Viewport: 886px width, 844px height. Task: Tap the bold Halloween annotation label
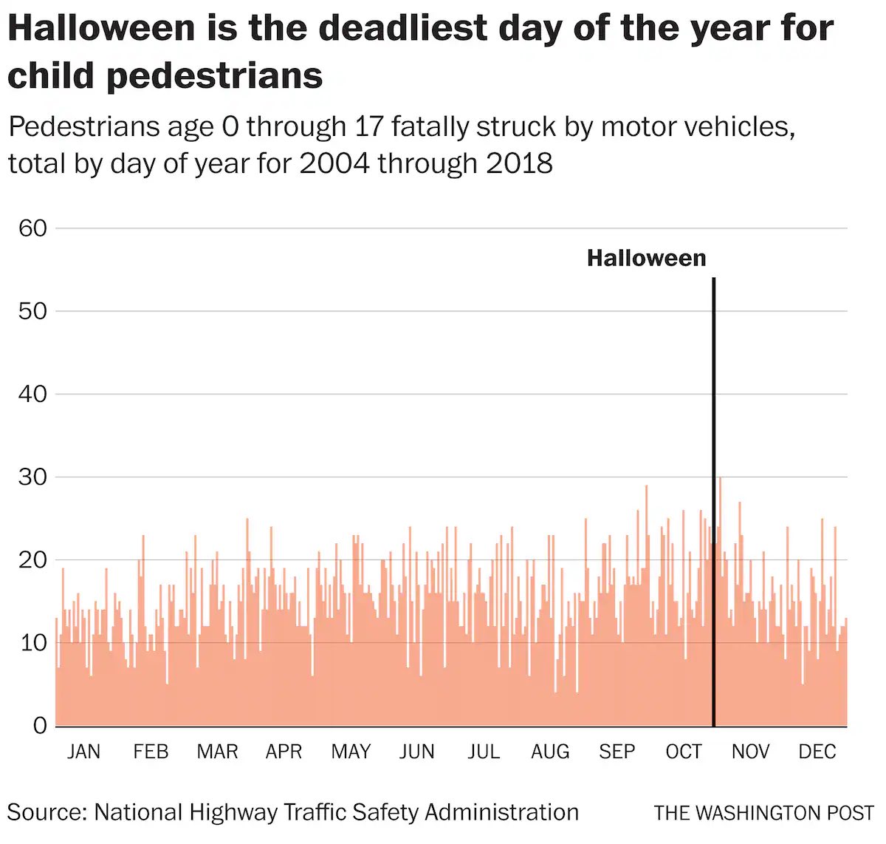[x=646, y=258]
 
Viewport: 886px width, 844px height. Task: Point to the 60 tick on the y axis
[x=32, y=228]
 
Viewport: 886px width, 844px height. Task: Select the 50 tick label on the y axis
[x=32, y=311]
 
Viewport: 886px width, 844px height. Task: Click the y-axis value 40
[x=32, y=394]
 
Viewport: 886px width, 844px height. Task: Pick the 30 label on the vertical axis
[x=32, y=477]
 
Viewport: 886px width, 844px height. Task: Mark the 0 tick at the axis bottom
[x=40, y=725]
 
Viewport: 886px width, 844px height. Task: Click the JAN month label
[x=83, y=752]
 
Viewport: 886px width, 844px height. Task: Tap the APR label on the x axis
[x=284, y=752]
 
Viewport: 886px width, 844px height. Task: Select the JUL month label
[x=484, y=752]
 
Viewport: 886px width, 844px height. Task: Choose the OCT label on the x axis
[x=684, y=752]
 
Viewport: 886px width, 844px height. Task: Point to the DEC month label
[x=817, y=752]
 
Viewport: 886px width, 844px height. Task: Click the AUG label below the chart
[x=550, y=752]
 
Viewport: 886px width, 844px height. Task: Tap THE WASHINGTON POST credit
[x=763, y=813]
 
